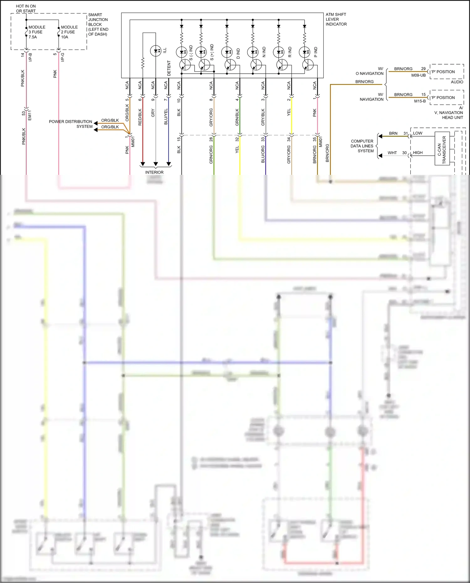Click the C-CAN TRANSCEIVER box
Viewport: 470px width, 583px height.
click(x=442, y=148)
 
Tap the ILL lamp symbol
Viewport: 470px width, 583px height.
click(x=156, y=51)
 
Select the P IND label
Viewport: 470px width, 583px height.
click(x=316, y=52)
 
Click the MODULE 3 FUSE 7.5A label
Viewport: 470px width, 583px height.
click(x=37, y=32)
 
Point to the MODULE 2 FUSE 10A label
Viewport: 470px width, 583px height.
click(x=69, y=32)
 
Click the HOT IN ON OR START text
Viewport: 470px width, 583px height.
click(x=26, y=8)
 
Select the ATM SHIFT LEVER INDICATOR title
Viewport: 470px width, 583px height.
click(x=336, y=19)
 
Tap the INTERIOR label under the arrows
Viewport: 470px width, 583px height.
click(x=154, y=172)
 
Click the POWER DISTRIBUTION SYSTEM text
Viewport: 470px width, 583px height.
click(x=70, y=124)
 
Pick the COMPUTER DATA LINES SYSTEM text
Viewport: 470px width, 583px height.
click(x=362, y=146)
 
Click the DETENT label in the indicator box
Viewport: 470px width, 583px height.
click(x=169, y=68)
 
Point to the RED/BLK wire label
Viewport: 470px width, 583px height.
click(x=140, y=117)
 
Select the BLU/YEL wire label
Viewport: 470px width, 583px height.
click(x=166, y=117)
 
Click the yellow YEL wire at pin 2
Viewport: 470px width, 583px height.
click(x=291, y=119)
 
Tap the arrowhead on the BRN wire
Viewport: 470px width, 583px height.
click(x=380, y=136)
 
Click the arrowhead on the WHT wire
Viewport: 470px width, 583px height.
click(x=380, y=155)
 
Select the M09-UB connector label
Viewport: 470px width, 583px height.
click(x=418, y=75)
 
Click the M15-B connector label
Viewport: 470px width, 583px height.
click(x=420, y=101)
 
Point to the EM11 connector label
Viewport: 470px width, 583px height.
click(x=30, y=115)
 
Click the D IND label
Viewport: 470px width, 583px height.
click(x=238, y=53)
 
